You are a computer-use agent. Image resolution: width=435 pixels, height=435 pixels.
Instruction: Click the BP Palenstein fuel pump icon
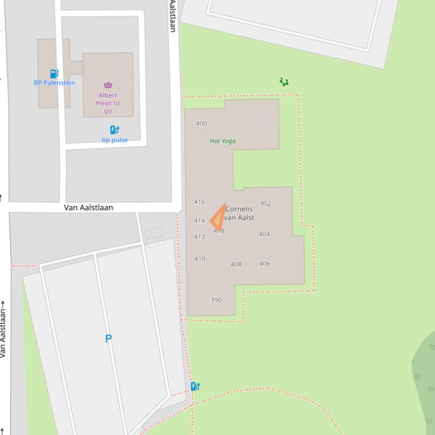point(54,73)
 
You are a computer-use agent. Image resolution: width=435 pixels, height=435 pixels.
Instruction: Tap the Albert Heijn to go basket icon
point(108,85)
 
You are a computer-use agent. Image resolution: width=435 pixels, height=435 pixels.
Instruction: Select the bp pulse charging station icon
point(114,130)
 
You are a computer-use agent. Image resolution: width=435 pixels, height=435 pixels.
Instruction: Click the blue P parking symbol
point(108,338)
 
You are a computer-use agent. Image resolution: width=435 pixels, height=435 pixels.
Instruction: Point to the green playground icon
point(284,82)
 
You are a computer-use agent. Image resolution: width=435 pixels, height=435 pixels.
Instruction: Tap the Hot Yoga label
point(222,141)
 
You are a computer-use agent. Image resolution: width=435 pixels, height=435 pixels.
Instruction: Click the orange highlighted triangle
point(219,218)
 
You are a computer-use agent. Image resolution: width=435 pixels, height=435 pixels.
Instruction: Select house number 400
point(201,123)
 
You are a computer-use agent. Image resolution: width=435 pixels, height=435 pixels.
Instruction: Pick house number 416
point(199,202)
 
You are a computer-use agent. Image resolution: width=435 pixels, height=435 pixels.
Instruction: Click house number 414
point(199,221)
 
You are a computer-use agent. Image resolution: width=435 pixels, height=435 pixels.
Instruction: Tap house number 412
point(199,237)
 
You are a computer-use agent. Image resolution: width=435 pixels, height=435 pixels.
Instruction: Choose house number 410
point(200,259)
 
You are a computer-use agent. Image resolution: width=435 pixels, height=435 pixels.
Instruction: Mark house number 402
point(265,203)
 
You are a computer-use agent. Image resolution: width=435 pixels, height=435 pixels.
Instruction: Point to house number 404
point(264,234)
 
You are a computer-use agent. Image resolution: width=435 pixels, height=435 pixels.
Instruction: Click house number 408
point(236,264)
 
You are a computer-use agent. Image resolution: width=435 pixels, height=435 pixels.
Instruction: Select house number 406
point(264,263)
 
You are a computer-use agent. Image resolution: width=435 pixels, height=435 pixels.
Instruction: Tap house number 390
point(216,300)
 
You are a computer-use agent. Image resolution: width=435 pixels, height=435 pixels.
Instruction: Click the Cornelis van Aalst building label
point(239,213)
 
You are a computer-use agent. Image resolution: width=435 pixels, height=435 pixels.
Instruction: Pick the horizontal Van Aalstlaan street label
point(88,207)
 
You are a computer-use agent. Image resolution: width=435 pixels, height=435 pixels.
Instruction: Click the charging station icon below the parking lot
point(195,386)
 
